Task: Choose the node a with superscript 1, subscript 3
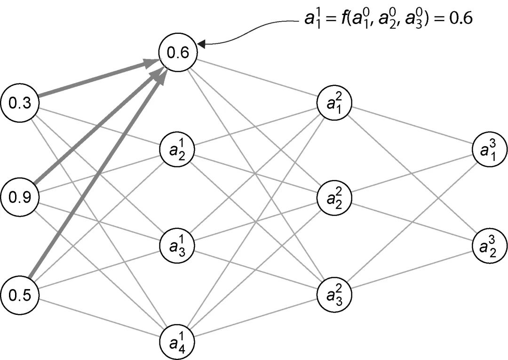tap(178, 244)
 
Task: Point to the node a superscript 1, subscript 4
tap(178, 339)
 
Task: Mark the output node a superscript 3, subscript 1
tap(490, 150)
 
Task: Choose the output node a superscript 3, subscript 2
tap(490, 245)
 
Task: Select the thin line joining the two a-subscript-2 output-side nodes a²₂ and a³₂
tap(412, 221)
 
